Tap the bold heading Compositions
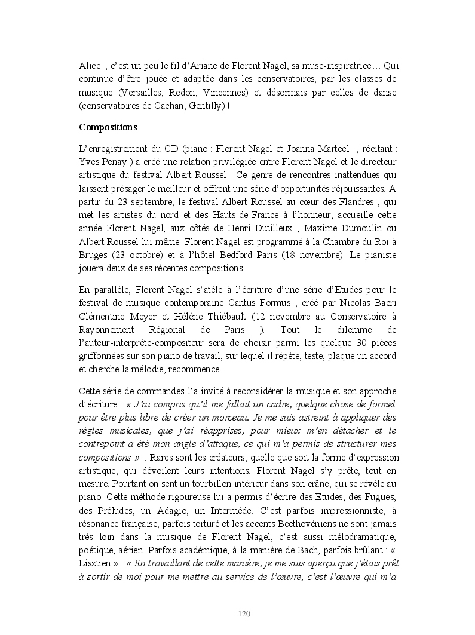pos(108,127)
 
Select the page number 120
pos(244,613)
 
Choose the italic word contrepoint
pos(103,444)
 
